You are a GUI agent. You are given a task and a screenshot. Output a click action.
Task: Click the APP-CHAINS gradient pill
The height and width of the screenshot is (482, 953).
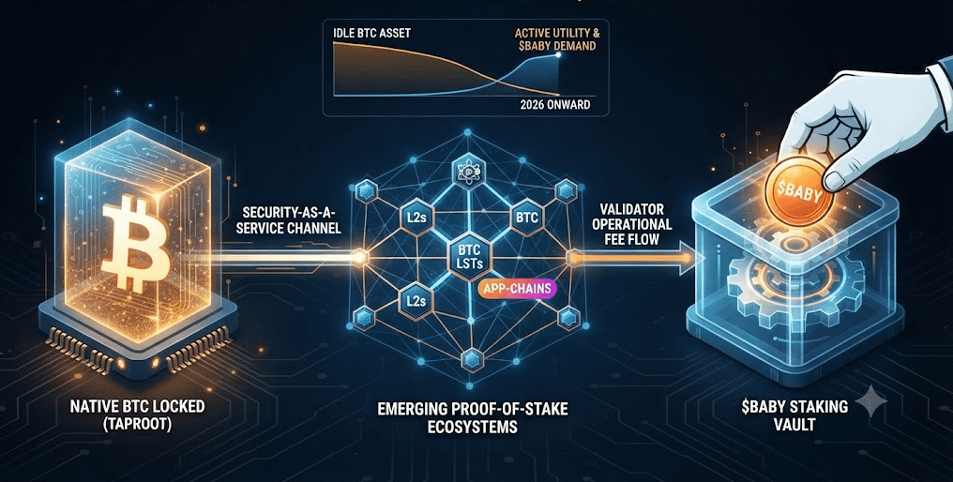517,288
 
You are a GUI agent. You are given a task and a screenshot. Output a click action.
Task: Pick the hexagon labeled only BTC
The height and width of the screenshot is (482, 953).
527,217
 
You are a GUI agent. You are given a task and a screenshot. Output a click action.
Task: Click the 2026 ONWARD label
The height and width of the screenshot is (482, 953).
555,104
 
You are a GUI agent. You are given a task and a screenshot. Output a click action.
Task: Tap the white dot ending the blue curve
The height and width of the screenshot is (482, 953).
558,56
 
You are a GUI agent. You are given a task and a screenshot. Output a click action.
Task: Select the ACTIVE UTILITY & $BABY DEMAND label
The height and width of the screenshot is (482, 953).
555,38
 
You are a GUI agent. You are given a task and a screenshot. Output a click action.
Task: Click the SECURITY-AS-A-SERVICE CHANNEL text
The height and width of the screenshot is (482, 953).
292,220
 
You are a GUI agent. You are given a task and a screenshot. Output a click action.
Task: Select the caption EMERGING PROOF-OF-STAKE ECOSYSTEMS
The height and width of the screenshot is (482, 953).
472,417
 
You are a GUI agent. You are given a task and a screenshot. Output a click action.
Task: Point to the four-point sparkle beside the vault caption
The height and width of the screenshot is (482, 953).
871,401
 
